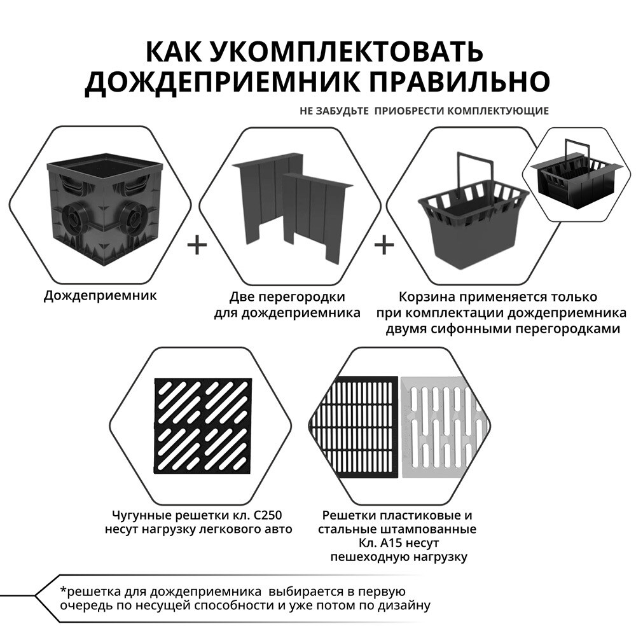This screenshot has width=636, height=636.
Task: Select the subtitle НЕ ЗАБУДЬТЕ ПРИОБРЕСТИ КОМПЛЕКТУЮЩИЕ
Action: tap(424, 111)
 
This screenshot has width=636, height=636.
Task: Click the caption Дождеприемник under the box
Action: tap(100, 295)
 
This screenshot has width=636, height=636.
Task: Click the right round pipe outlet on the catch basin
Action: tap(135, 220)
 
